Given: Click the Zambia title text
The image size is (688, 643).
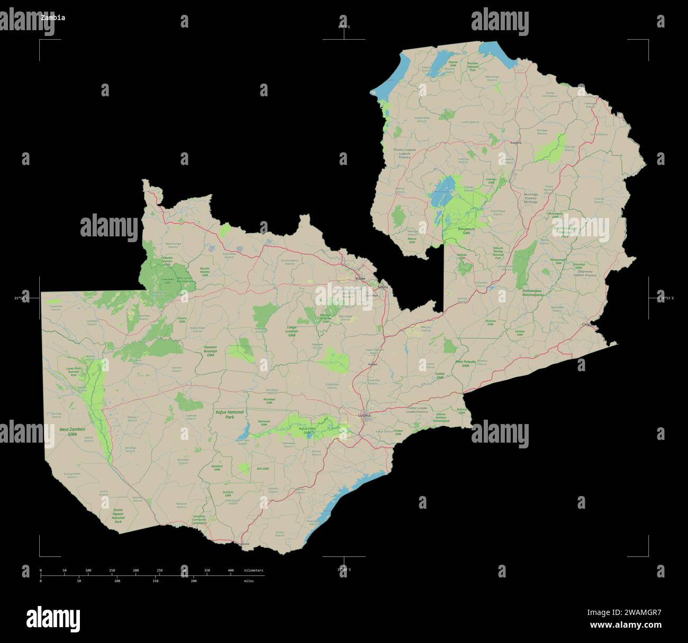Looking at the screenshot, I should [53, 17].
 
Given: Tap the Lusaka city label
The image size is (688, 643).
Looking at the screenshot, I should [364, 416].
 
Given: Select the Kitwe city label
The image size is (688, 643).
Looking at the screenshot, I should [360, 278].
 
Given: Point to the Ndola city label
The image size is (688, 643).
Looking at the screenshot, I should [383, 287].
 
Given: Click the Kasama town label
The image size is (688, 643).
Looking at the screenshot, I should [515, 143].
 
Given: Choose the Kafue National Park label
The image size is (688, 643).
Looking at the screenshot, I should [230, 414].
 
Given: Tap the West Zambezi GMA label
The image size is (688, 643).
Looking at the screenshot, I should [72, 431].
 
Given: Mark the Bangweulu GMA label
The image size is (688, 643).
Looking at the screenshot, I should [463, 231].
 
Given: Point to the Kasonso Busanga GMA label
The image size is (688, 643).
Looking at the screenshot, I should [210, 351].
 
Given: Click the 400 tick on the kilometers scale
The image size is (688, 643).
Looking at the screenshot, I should [231, 571].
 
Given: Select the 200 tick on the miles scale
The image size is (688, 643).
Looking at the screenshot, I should [194, 581].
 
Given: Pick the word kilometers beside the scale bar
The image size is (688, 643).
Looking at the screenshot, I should [254, 571].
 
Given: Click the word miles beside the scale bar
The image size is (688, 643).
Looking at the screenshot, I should [249, 581].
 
